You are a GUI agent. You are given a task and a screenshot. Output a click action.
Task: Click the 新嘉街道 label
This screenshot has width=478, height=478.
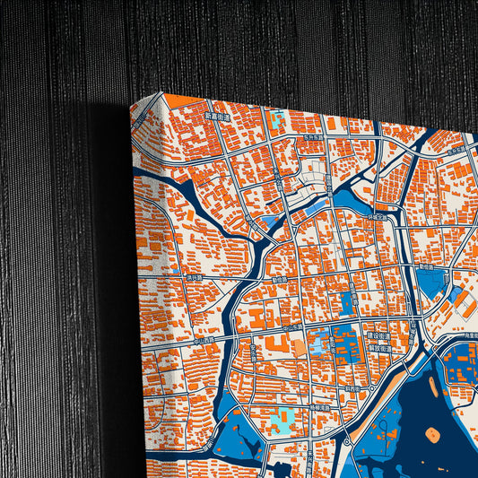point(216,117)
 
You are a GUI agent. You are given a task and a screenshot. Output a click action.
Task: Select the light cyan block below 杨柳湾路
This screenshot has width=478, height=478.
point(281,417)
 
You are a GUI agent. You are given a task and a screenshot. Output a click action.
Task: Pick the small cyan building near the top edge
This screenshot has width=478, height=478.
point(277,117)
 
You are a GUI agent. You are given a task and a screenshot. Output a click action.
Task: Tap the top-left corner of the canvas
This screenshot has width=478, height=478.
point(131,102)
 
